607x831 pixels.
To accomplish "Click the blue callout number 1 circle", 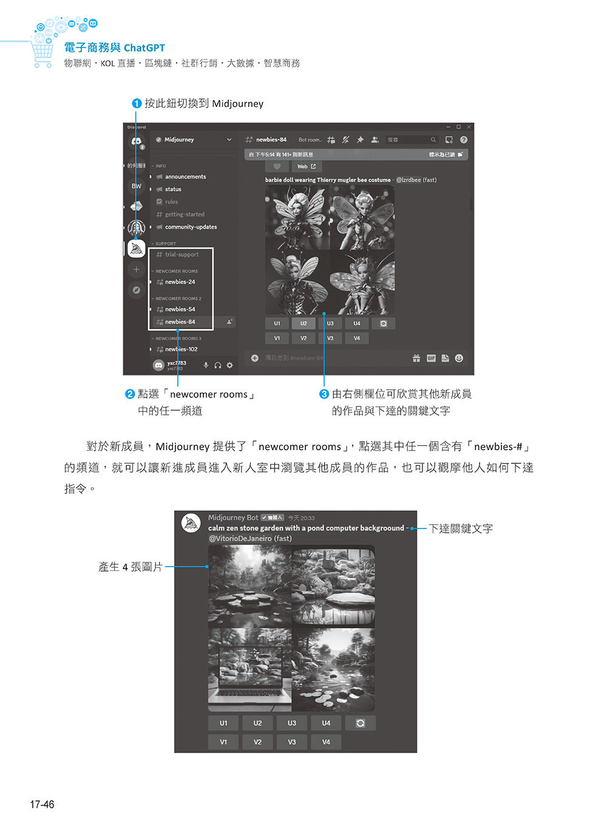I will click(x=137, y=103).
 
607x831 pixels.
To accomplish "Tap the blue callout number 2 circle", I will click(x=130, y=394).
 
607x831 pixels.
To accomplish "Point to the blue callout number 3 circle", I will click(x=324, y=394).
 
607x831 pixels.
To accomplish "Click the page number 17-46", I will click(x=42, y=804).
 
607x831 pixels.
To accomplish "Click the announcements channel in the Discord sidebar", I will click(x=185, y=177).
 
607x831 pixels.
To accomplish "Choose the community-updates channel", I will click(x=191, y=227).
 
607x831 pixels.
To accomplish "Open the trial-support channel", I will click(x=181, y=255).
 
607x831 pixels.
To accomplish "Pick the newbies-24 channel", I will click(x=180, y=282).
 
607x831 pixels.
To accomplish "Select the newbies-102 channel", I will click(x=181, y=349).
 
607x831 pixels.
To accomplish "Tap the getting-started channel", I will click(x=185, y=214).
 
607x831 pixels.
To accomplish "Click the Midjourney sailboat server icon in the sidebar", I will click(x=137, y=248).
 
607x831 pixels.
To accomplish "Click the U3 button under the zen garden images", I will click(x=292, y=723).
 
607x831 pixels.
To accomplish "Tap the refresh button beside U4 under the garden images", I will click(x=360, y=723).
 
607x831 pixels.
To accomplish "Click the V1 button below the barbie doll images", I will click(x=277, y=338).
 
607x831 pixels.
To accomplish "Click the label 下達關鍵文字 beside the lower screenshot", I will click(x=461, y=528).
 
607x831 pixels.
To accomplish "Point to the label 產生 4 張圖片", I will click(x=131, y=567).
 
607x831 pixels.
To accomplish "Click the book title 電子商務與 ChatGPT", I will click(x=115, y=47).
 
